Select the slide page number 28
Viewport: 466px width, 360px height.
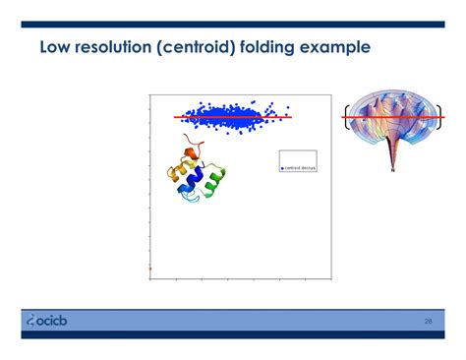click(x=429, y=321)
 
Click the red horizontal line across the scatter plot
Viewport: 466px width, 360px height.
click(x=233, y=117)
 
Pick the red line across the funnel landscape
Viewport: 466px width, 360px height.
click(x=393, y=117)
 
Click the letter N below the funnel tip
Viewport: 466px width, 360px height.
click(x=393, y=171)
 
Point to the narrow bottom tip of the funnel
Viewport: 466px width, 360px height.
click(x=393, y=159)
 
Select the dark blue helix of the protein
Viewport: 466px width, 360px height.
click(x=198, y=179)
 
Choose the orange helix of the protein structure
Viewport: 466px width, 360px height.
click(x=177, y=175)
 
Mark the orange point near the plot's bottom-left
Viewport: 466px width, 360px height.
click(x=149, y=268)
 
